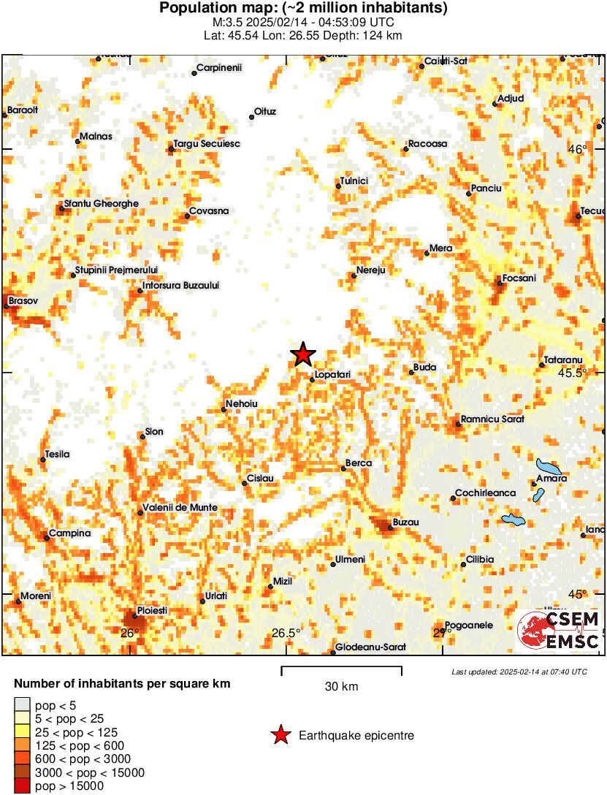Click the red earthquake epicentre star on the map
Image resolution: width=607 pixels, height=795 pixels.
click(303, 354)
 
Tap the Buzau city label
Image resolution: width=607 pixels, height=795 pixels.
click(405, 522)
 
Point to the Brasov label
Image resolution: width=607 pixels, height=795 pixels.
click(23, 300)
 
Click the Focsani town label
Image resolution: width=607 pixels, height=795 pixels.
click(519, 278)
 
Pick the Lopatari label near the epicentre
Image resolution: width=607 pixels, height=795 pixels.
click(333, 375)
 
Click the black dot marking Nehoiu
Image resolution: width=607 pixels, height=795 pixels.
click(224, 409)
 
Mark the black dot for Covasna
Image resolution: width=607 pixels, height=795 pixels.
click(188, 216)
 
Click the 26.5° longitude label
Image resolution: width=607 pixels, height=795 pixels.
click(286, 633)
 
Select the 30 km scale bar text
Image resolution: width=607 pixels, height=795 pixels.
click(341, 686)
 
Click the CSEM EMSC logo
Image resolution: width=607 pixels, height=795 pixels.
click(559, 631)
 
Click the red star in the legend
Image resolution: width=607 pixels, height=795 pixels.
click(280, 735)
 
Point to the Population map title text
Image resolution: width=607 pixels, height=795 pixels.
click(303, 9)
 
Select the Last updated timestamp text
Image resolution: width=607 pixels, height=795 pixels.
click(519, 671)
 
